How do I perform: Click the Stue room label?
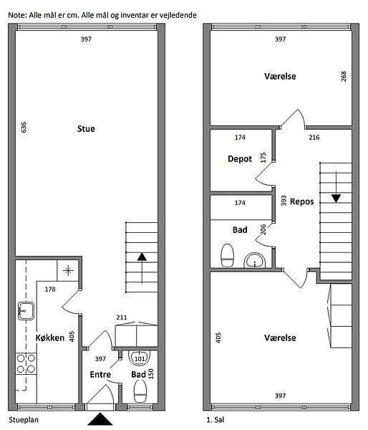[x=86, y=128]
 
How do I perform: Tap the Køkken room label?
[x=50, y=338]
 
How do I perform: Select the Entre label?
[x=100, y=374]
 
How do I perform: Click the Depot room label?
[x=240, y=159]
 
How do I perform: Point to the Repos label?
[x=301, y=201]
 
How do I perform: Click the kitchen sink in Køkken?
[x=26, y=311]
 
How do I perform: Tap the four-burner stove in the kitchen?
[x=26, y=363]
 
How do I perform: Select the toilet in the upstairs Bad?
[x=228, y=255]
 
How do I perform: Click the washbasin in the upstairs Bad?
[x=255, y=261]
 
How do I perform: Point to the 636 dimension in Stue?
[x=24, y=128]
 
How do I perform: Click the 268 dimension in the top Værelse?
[x=344, y=77]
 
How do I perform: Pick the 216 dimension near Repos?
[x=314, y=138]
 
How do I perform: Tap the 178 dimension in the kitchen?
[x=50, y=289]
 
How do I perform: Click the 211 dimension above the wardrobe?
[x=122, y=317]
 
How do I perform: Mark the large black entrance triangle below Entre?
[x=100, y=419]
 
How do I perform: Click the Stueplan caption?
[x=24, y=420]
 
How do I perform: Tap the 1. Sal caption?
[x=215, y=419]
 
